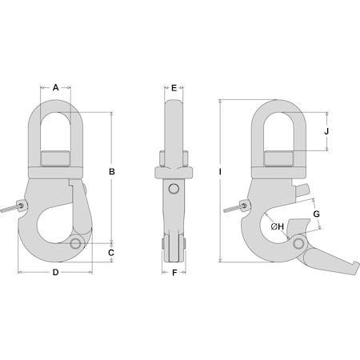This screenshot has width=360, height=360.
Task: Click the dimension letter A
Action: (x=55, y=88)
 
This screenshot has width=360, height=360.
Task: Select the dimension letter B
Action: (x=113, y=172)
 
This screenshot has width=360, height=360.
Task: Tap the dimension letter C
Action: (x=113, y=253)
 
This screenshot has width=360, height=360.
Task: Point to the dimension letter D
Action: (x=55, y=274)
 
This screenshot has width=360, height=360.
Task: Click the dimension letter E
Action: (x=174, y=88)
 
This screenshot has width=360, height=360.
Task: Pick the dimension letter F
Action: (x=174, y=274)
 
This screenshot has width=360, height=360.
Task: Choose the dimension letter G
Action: (x=316, y=214)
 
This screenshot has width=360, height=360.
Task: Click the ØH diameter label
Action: (x=278, y=227)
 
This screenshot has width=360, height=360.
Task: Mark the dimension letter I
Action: (x=218, y=172)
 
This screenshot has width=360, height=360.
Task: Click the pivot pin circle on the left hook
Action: (x=77, y=242)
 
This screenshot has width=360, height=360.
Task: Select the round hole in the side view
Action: (x=174, y=189)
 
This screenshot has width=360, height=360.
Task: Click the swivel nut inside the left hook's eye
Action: (x=55, y=154)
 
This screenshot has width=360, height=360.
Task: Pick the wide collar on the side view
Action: (x=174, y=171)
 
